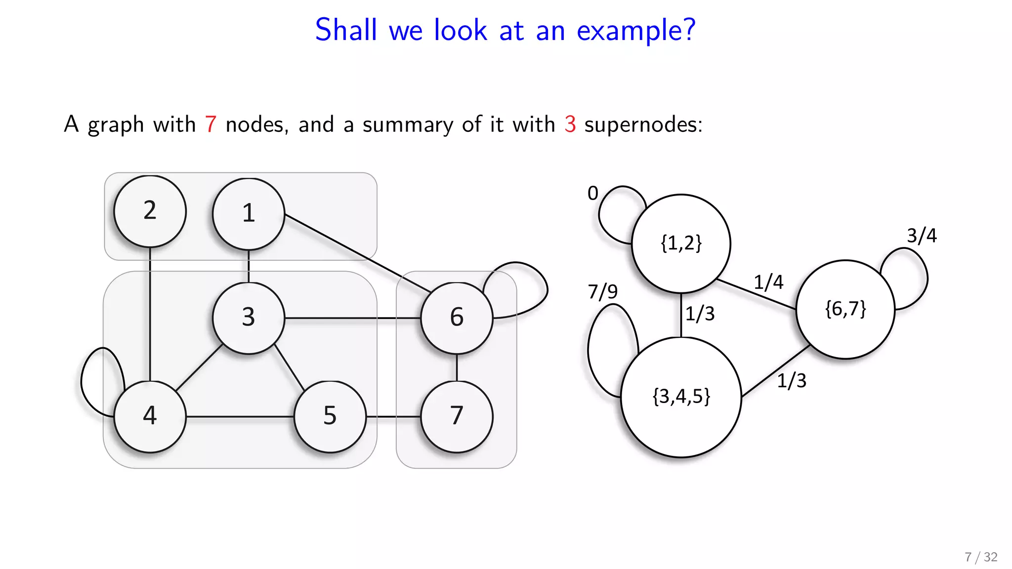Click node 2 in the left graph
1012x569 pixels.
coord(150,211)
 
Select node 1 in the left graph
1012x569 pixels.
coord(249,213)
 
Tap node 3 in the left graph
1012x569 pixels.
coord(249,318)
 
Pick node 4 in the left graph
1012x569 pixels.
coord(150,416)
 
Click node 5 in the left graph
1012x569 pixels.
coord(330,416)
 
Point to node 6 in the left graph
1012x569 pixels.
coord(457,318)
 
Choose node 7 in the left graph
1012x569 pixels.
coord(457,416)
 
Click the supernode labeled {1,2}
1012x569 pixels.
coord(681,244)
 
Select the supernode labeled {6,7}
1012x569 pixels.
coord(845,309)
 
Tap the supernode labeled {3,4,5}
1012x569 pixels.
coord(681,397)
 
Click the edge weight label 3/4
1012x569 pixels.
coord(922,236)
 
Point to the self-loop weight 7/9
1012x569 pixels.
coord(602,291)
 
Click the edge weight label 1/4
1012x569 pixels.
coord(768,282)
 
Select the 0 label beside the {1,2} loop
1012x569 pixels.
coord(593,193)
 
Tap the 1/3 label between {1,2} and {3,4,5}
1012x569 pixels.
coord(700,314)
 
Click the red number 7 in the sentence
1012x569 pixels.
coord(211,124)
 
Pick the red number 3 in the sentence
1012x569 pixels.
coord(570,124)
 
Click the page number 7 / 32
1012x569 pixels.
coord(981,557)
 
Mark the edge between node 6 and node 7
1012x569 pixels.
coord(457,367)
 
